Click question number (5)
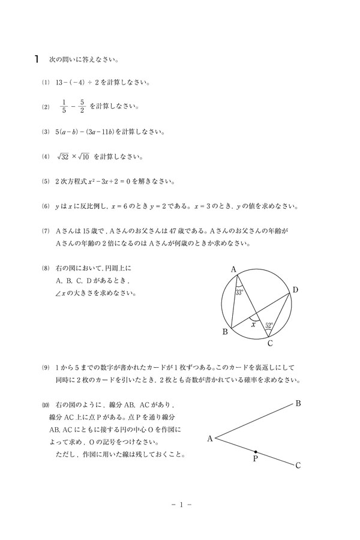[x=45, y=181]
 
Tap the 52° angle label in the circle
[x=269, y=325]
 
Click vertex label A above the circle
[x=233, y=269]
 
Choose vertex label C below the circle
[x=271, y=343]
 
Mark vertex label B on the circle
[x=225, y=332]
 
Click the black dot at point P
[x=256, y=452]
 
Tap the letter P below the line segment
[x=254, y=460]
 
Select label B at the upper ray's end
[x=298, y=403]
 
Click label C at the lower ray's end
[x=298, y=465]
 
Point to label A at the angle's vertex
[x=210, y=439]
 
